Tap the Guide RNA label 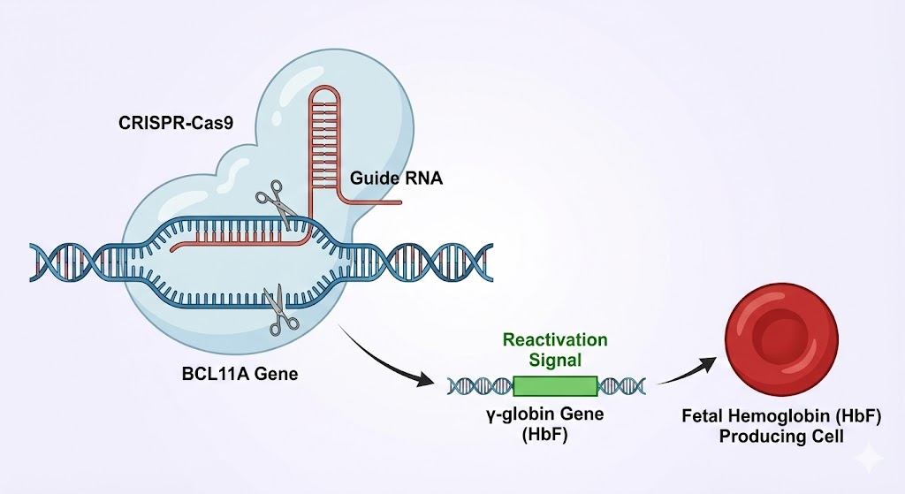(396, 178)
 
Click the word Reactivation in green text (555, 340)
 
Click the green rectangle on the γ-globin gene (555, 385)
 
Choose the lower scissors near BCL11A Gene (285, 310)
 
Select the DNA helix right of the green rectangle (622, 385)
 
